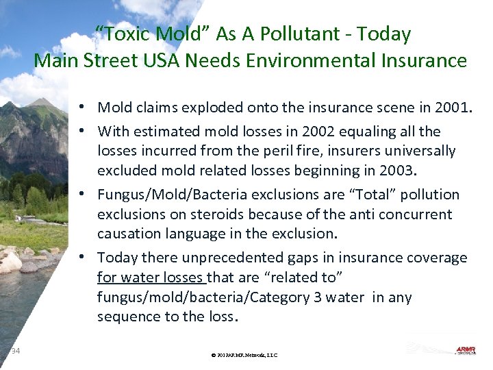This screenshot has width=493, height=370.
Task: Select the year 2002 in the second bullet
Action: [319, 132]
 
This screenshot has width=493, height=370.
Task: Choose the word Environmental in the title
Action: [313, 61]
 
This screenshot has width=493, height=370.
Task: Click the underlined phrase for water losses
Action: [151, 277]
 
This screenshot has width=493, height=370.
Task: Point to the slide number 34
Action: [16, 351]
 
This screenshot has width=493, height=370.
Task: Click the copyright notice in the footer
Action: [244, 355]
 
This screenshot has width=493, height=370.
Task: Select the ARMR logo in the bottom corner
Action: [468, 350]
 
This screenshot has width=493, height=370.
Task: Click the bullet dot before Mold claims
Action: [81, 108]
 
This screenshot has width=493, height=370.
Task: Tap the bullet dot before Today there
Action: [81, 258]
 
